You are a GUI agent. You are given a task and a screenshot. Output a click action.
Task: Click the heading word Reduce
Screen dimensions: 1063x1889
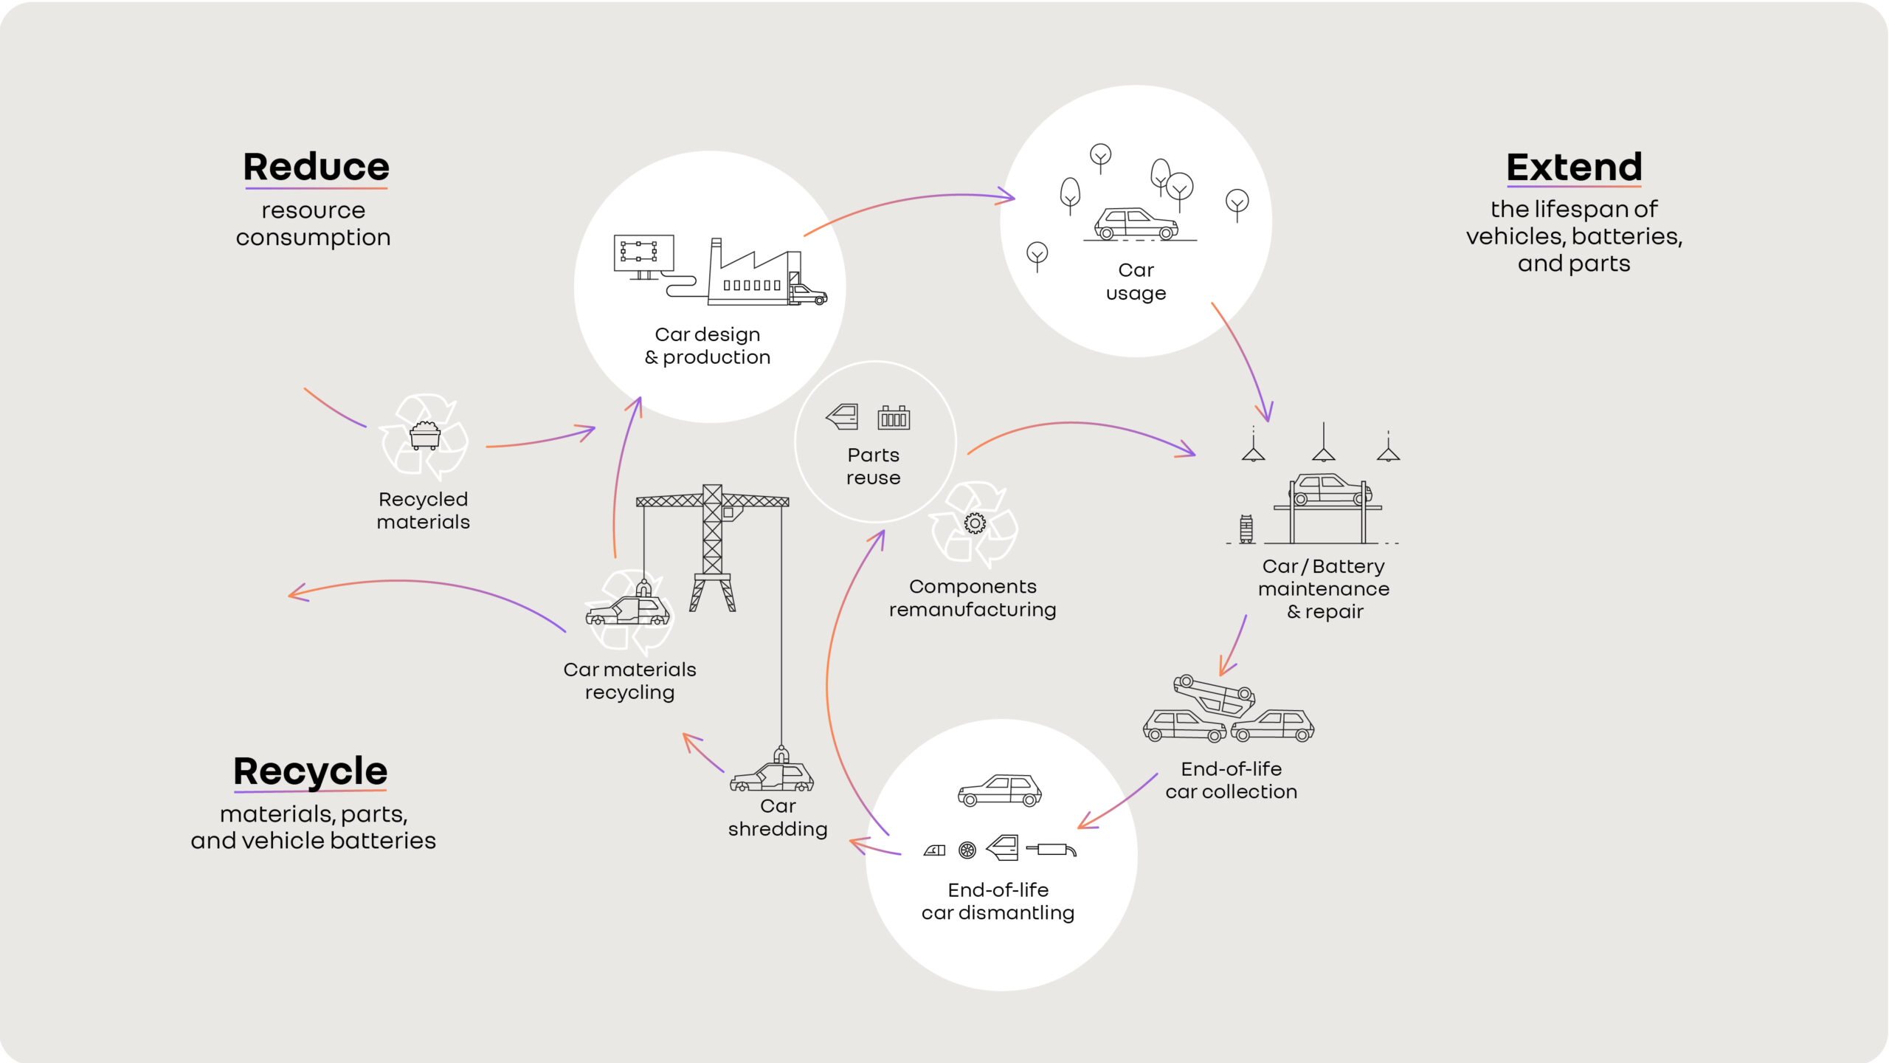tap(316, 167)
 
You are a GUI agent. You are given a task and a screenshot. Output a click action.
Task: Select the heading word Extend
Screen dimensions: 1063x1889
tap(1574, 167)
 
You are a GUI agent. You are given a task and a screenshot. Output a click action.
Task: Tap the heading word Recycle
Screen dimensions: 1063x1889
tap(310, 771)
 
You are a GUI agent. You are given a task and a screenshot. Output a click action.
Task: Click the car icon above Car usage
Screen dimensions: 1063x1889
tap(1135, 224)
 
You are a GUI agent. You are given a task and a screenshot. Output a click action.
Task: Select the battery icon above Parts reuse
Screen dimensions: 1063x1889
tap(893, 418)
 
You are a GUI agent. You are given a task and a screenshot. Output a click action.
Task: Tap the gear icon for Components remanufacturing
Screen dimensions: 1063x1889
tap(974, 523)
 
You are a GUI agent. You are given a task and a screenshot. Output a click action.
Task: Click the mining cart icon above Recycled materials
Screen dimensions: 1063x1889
tap(424, 436)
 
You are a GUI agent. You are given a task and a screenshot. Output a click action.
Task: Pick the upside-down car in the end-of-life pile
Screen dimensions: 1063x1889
tap(1215, 695)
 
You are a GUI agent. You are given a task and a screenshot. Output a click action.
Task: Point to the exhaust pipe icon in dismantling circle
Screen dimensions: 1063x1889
tap(1051, 850)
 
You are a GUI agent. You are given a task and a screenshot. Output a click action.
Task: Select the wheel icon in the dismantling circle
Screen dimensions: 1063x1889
tap(967, 850)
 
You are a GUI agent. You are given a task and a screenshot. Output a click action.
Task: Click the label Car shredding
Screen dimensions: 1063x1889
tap(778, 817)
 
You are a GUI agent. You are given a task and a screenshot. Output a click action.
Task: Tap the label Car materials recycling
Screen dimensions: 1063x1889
tap(629, 681)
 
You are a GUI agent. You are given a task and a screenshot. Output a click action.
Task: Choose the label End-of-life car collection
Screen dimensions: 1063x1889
tap(1231, 780)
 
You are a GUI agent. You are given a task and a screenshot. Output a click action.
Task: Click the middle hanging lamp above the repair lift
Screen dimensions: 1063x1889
tap(1323, 446)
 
